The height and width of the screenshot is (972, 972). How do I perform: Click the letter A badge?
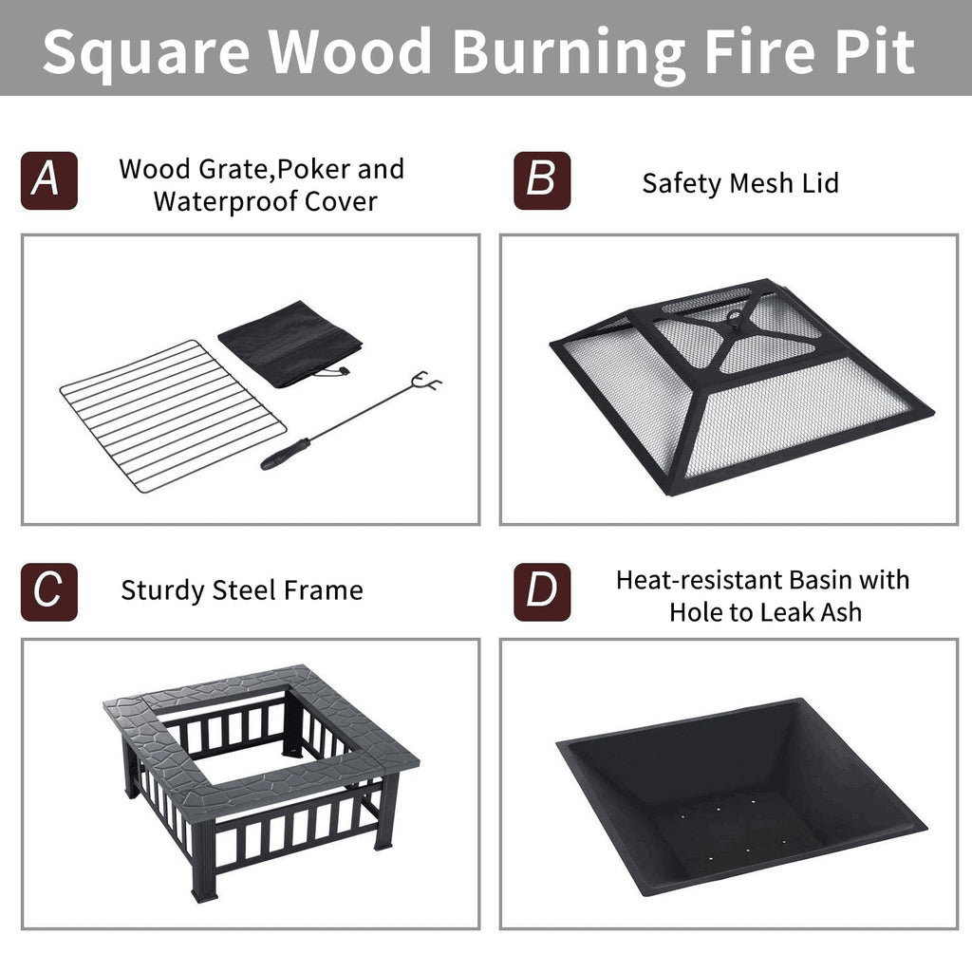[49, 180]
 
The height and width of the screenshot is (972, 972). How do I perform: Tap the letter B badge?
[542, 180]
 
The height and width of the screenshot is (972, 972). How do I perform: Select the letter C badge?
[49, 592]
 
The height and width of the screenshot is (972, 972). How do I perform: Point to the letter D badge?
[542, 592]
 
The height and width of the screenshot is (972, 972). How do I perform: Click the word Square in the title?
[146, 53]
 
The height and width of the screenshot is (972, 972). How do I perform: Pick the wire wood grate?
[173, 416]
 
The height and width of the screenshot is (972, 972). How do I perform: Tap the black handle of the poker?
[285, 455]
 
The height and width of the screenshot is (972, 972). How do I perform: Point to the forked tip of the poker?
[428, 381]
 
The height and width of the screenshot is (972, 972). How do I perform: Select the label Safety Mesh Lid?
[740, 183]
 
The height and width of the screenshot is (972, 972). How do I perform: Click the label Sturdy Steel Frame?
[242, 590]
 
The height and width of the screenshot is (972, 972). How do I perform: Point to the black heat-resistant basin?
[741, 797]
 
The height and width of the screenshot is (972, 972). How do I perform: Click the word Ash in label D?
[841, 612]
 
